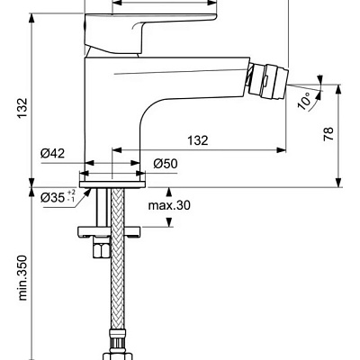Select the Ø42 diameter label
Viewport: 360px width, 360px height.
(52, 154)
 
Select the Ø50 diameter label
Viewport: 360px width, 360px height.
(165, 163)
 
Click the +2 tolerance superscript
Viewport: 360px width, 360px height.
(73, 192)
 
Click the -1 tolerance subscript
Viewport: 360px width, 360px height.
(73, 201)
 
